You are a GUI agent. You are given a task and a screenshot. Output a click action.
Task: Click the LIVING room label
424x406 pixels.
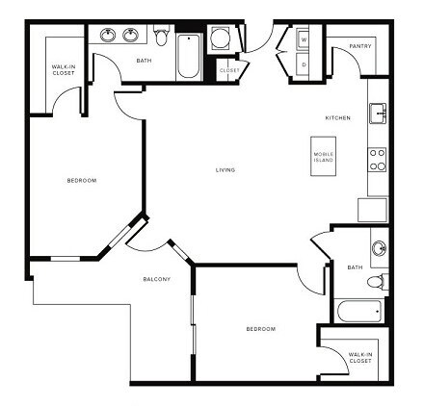point(225,171)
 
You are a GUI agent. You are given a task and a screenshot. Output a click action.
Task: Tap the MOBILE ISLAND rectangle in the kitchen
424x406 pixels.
point(324,157)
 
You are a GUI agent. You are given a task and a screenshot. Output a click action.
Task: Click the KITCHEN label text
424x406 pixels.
point(337,117)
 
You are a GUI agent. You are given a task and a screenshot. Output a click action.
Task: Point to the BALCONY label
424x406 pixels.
point(157,280)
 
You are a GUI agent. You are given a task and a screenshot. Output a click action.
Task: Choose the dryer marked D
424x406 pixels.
point(305,64)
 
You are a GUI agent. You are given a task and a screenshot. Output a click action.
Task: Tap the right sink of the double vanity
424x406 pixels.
point(131,37)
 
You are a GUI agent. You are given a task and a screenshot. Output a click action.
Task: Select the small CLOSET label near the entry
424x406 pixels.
point(229,70)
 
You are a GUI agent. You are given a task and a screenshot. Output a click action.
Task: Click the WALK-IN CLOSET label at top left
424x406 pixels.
point(64,69)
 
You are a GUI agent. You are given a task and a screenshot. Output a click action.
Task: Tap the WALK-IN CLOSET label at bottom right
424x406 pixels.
point(361,359)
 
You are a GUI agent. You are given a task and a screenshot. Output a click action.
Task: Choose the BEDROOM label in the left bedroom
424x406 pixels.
point(81,180)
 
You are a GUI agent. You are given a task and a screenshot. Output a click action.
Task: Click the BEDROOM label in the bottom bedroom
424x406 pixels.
point(260,330)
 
